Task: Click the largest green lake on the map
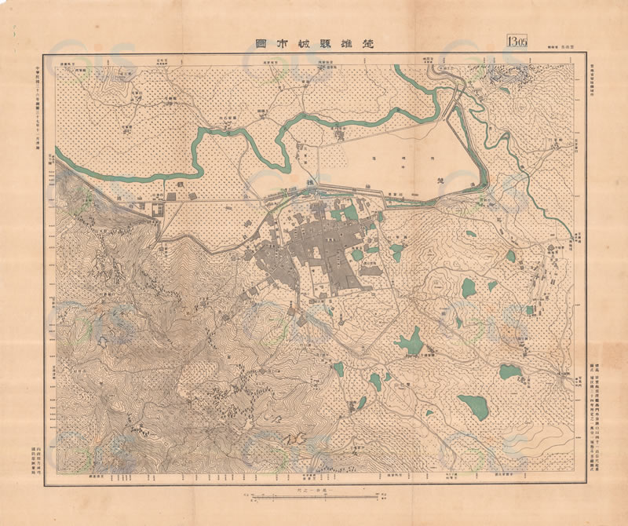(473, 407)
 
